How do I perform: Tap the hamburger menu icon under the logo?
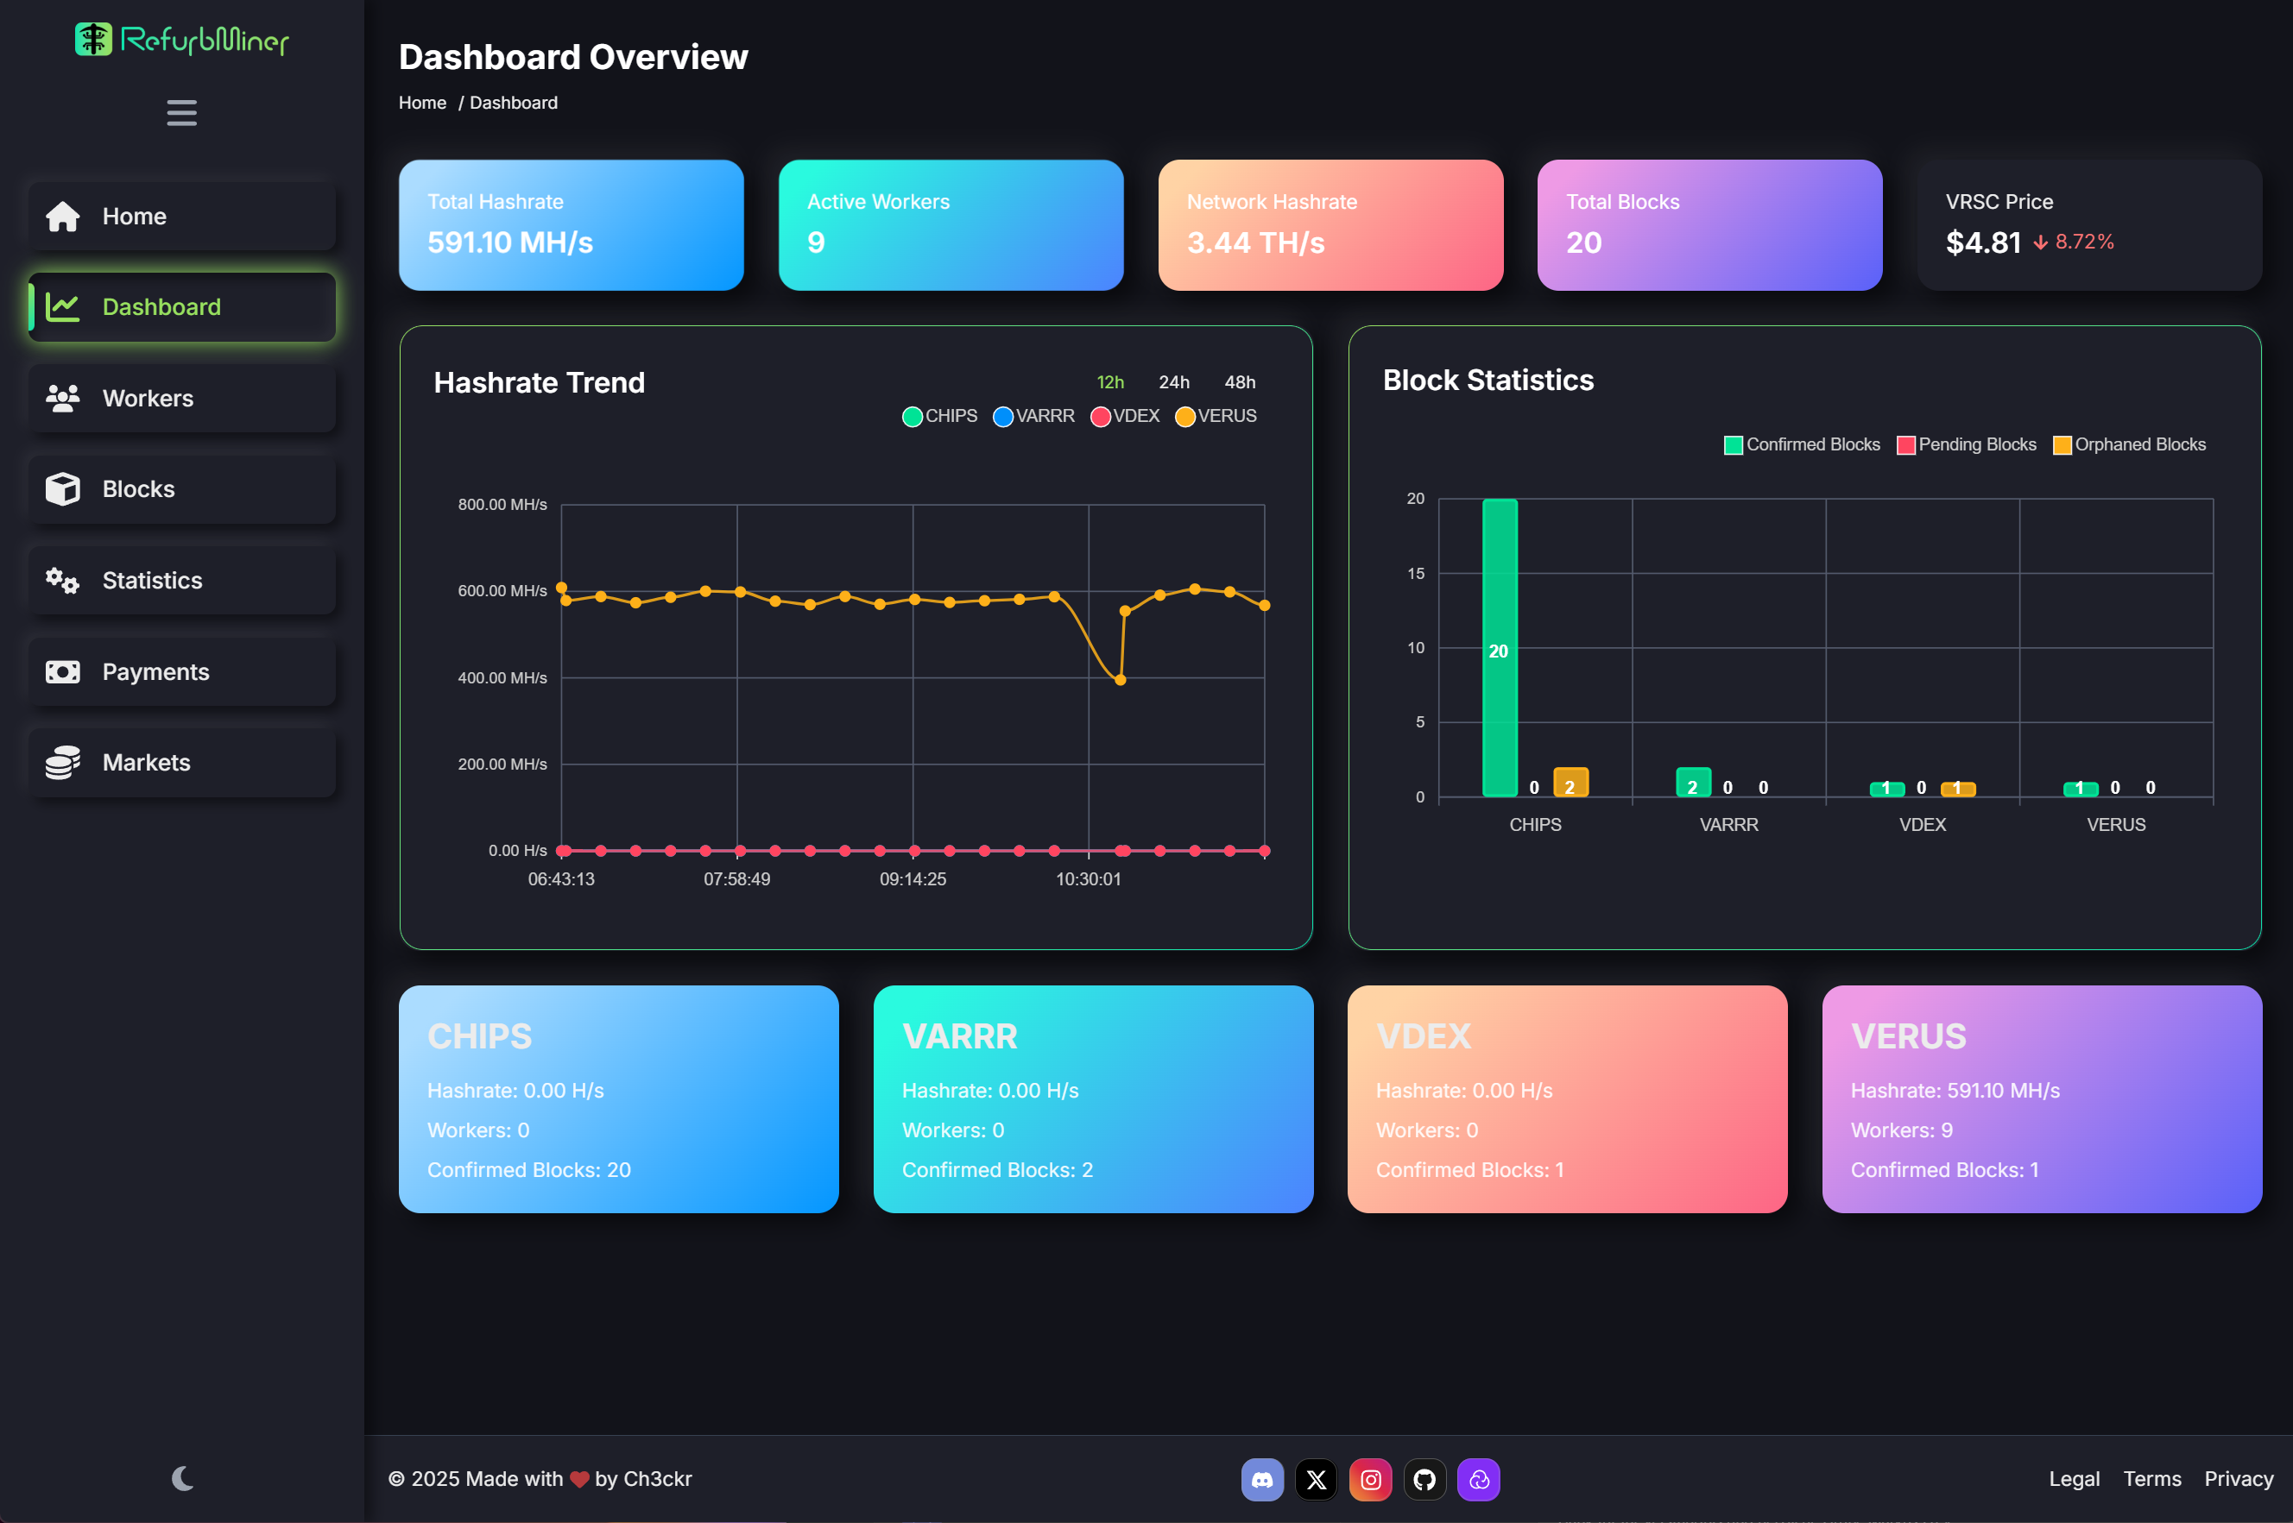tap(181, 113)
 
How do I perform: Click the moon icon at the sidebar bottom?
tap(181, 1478)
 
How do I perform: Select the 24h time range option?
tap(1174, 381)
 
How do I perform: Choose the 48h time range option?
tap(1240, 381)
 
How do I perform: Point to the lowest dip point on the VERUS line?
tap(1121, 680)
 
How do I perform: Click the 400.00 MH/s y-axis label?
tap(502, 678)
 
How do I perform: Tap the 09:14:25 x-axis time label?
tap(913, 879)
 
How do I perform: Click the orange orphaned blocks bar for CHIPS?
tap(1570, 783)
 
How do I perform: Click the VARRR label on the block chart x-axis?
tap(1728, 825)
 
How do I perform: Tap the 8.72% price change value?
tap(2084, 242)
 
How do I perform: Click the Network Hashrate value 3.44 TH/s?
tap(1255, 242)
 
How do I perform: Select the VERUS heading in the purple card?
tap(1908, 1036)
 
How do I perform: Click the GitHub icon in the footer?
tap(1424, 1479)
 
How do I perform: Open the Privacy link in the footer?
tap(2238, 1478)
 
